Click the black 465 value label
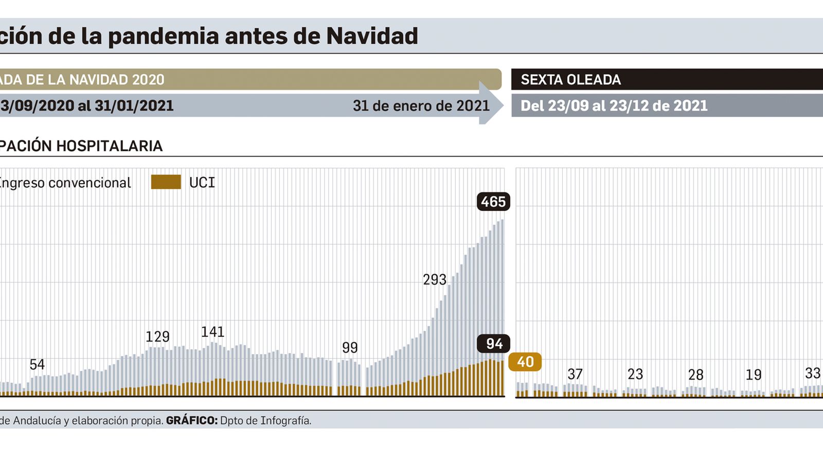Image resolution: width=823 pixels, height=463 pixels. [x=493, y=202]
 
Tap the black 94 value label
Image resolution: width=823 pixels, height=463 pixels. [x=494, y=344]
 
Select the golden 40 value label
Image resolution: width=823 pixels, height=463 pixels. [x=525, y=362]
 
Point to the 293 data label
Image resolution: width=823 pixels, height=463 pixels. [x=435, y=280]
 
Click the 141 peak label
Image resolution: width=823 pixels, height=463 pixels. [x=212, y=332]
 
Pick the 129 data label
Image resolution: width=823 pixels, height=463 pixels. [x=157, y=337]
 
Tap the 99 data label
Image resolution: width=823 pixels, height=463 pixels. [x=350, y=348]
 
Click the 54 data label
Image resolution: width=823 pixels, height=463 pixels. [x=37, y=365]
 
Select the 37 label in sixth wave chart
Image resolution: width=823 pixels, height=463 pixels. [x=575, y=374]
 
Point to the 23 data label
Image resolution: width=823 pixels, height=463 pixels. [x=635, y=374]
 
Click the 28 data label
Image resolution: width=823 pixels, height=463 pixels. [x=695, y=375]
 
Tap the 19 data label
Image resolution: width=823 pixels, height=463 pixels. [x=754, y=375]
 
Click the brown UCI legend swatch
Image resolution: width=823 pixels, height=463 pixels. [x=166, y=182]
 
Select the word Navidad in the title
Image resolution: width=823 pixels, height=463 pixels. [x=372, y=36]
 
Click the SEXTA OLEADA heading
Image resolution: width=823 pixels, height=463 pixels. [x=570, y=80]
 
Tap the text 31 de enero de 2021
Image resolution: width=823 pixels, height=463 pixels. [x=421, y=106]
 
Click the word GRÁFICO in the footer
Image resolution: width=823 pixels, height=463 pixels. [x=191, y=421]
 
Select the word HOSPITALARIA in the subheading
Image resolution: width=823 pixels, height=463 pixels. [x=109, y=146]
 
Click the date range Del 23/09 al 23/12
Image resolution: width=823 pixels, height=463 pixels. [x=614, y=106]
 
